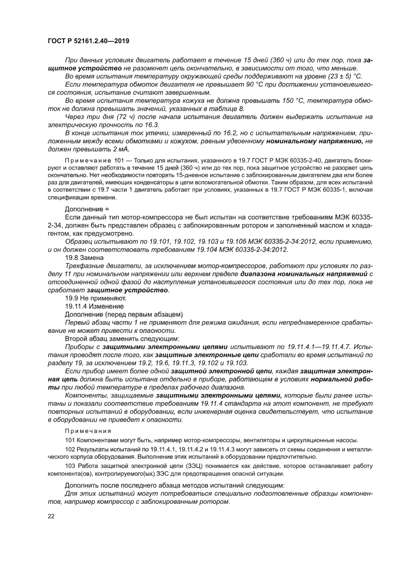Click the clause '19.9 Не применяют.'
tap(96, 298)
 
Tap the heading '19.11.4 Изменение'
tap(94, 306)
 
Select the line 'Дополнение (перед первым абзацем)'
tap(123, 314)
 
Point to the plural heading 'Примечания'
tap(88, 431)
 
